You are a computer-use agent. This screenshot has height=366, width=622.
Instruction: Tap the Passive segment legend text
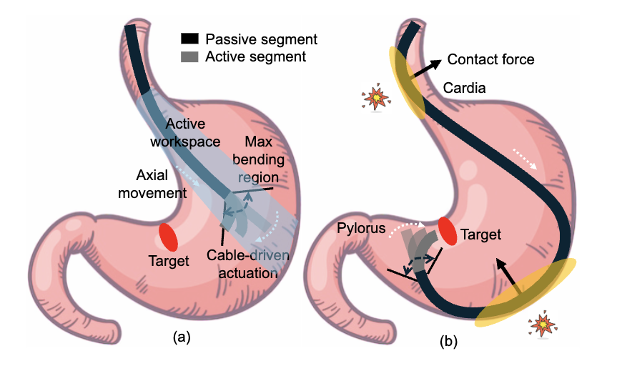(x=261, y=39)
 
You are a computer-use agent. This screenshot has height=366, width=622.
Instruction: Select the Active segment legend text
(x=255, y=56)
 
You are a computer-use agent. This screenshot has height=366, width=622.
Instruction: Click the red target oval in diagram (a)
(x=168, y=237)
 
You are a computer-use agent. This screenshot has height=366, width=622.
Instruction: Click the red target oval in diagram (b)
(x=448, y=231)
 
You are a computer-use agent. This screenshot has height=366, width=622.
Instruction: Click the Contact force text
(x=490, y=59)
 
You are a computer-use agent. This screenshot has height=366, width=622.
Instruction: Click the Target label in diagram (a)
(x=169, y=261)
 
